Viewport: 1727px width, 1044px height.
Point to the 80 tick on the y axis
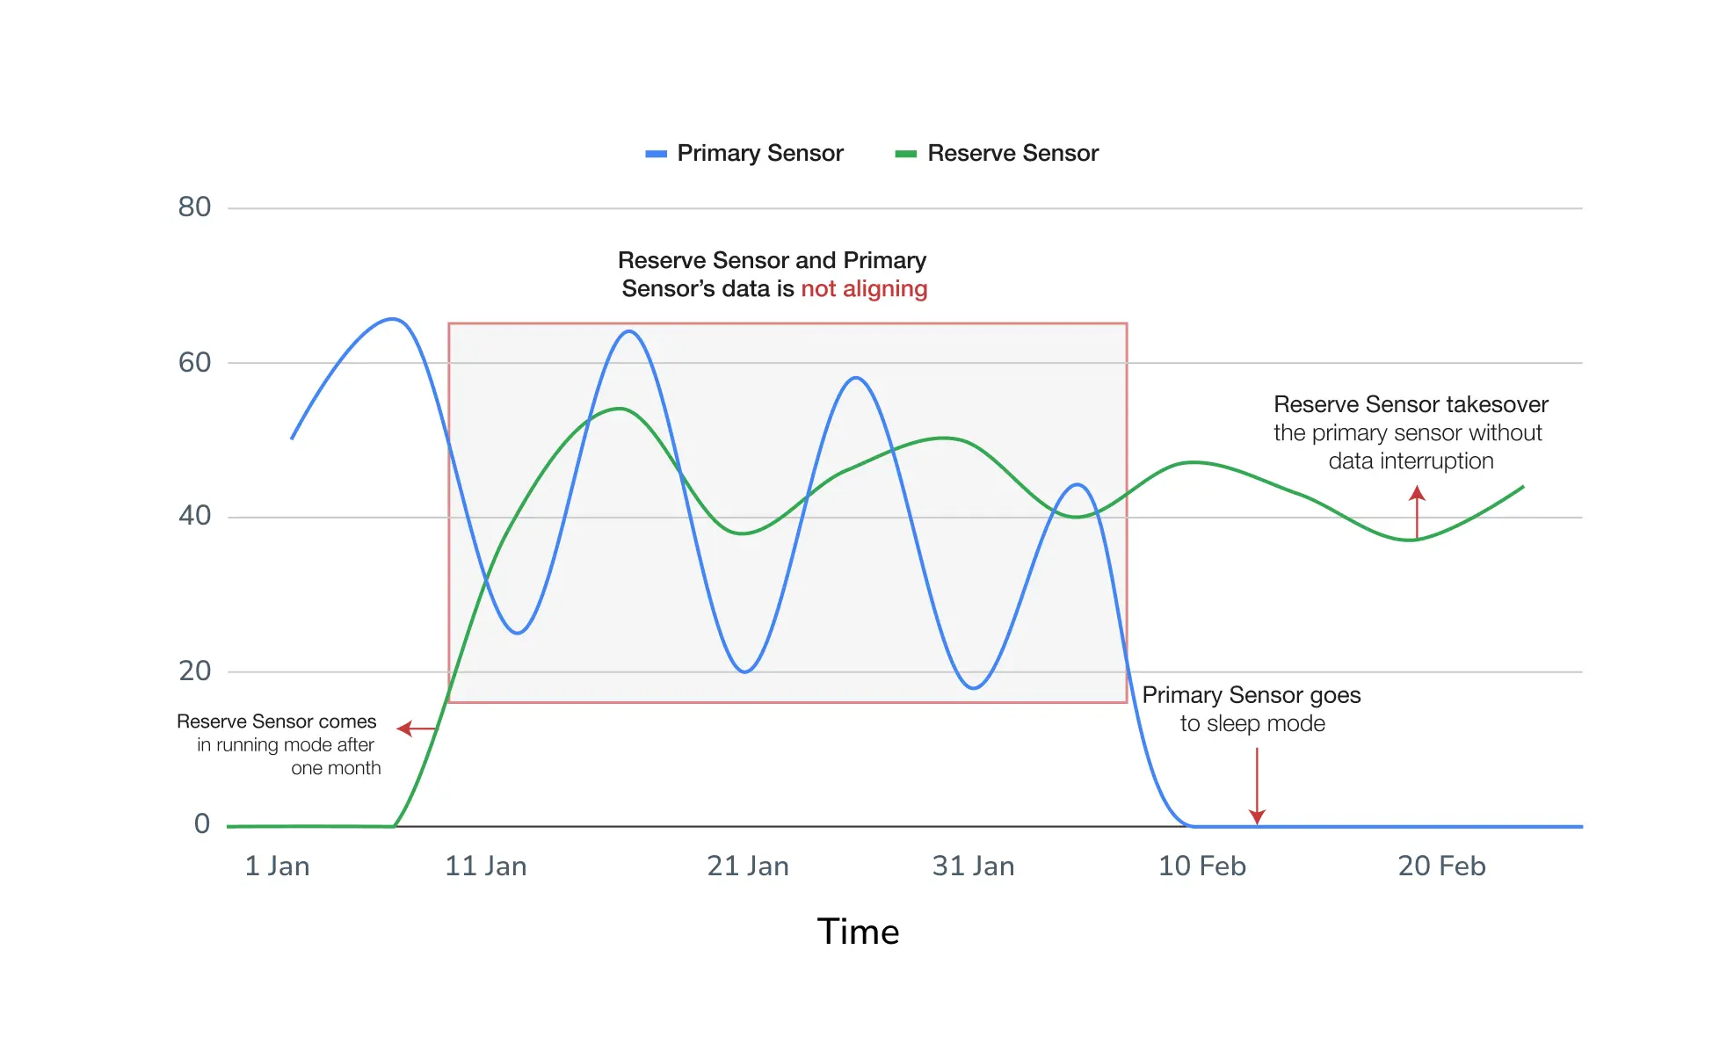click(x=194, y=207)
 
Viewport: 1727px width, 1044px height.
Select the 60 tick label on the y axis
click(x=194, y=362)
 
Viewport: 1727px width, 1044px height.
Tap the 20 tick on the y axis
click(x=194, y=671)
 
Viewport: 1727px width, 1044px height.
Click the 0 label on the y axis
click(x=202, y=824)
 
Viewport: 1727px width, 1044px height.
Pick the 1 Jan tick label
click(x=277, y=866)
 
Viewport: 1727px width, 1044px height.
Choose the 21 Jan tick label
click(x=748, y=866)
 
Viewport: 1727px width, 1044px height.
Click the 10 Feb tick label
click(x=1201, y=866)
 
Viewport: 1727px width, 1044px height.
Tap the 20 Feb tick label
click(x=1441, y=866)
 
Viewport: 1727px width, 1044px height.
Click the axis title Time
click(x=858, y=932)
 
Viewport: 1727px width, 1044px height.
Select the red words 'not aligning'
click(x=864, y=289)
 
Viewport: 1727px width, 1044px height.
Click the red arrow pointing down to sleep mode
click(x=1257, y=786)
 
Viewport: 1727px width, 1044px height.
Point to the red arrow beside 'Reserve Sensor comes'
click(x=416, y=729)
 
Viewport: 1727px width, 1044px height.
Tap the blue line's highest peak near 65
click(x=392, y=319)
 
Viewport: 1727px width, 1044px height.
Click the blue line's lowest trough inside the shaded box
click(x=973, y=687)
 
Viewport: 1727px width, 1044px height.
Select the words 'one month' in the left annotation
click(x=336, y=769)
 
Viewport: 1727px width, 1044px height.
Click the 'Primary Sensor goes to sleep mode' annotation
click(x=1252, y=709)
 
